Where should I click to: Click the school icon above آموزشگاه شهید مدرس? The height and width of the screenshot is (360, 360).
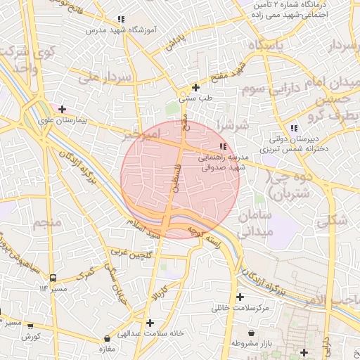(x=121, y=19)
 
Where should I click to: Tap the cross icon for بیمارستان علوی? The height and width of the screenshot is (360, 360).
(x=63, y=109)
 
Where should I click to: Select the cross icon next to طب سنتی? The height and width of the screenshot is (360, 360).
(x=195, y=87)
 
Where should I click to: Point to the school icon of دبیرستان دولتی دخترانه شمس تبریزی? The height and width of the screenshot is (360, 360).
(x=294, y=127)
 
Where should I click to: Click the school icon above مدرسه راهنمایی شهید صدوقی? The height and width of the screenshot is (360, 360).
(x=223, y=146)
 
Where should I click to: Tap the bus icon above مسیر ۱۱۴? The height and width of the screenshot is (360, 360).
(x=53, y=277)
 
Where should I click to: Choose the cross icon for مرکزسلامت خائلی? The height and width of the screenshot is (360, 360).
(x=241, y=297)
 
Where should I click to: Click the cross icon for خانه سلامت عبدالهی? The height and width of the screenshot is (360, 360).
(x=150, y=323)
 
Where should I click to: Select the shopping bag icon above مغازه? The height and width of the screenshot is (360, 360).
(x=107, y=338)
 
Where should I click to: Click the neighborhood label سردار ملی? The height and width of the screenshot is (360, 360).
(x=106, y=78)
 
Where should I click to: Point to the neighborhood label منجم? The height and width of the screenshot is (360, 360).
(x=48, y=224)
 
